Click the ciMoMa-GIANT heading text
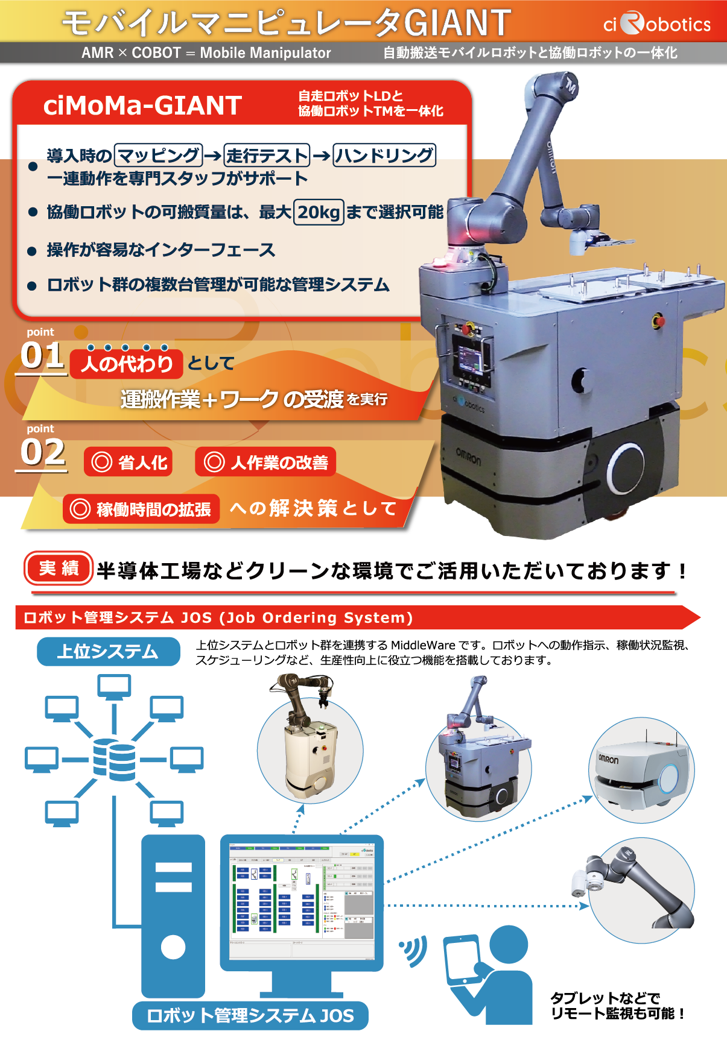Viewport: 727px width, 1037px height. (142, 106)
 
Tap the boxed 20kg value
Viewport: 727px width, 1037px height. (319, 212)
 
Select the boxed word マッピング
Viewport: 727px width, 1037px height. (158, 156)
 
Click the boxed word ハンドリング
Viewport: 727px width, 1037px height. (384, 156)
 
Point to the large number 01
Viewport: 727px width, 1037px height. (42, 355)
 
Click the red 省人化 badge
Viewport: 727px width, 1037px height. (128, 462)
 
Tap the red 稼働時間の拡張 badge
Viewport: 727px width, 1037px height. (141, 509)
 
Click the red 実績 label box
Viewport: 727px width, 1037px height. (59, 568)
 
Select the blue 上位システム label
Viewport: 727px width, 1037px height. (109, 651)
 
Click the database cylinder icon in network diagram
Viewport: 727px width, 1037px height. (114, 759)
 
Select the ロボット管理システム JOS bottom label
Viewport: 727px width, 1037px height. (250, 1015)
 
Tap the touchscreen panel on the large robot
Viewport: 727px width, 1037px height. (471, 356)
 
